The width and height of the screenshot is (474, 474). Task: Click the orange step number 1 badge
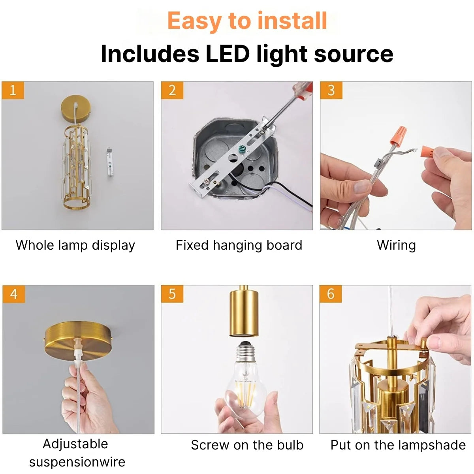pyautogui.click(x=13, y=90)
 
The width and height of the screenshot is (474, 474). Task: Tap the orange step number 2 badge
pyautogui.click(x=172, y=90)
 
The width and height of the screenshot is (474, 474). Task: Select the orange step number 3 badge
pyautogui.click(x=331, y=90)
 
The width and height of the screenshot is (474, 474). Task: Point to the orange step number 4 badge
pyautogui.click(x=14, y=294)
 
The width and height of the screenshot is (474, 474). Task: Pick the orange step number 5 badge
pyautogui.click(x=172, y=294)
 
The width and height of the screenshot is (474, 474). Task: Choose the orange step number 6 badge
pyautogui.click(x=331, y=294)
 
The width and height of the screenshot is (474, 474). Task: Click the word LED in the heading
pyautogui.click(x=228, y=54)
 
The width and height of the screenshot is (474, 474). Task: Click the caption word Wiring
pyautogui.click(x=396, y=245)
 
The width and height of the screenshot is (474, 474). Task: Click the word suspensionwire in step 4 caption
pyautogui.click(x=77, y=463)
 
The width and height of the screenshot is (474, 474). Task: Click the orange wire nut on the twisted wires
pyautogui.click(x=398, y=135)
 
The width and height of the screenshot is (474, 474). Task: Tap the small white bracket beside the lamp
pyautogui.click(x=110, y=162)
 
